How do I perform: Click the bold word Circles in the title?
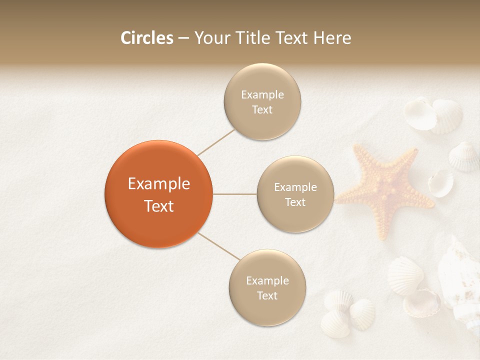click(x=146, y=38)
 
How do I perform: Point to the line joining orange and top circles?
click(x=216, y=142)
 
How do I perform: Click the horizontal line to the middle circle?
click(x=235, y=194)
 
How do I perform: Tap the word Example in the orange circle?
click(x=158, y=183)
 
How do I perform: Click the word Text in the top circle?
click(x=262, y=109)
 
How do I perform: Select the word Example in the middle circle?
click(x=295, y=187)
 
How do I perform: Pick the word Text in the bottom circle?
click(x=267, y=295)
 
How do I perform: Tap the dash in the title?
click(x=183, y=38)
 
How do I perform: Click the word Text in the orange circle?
click(x=158, y=206)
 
